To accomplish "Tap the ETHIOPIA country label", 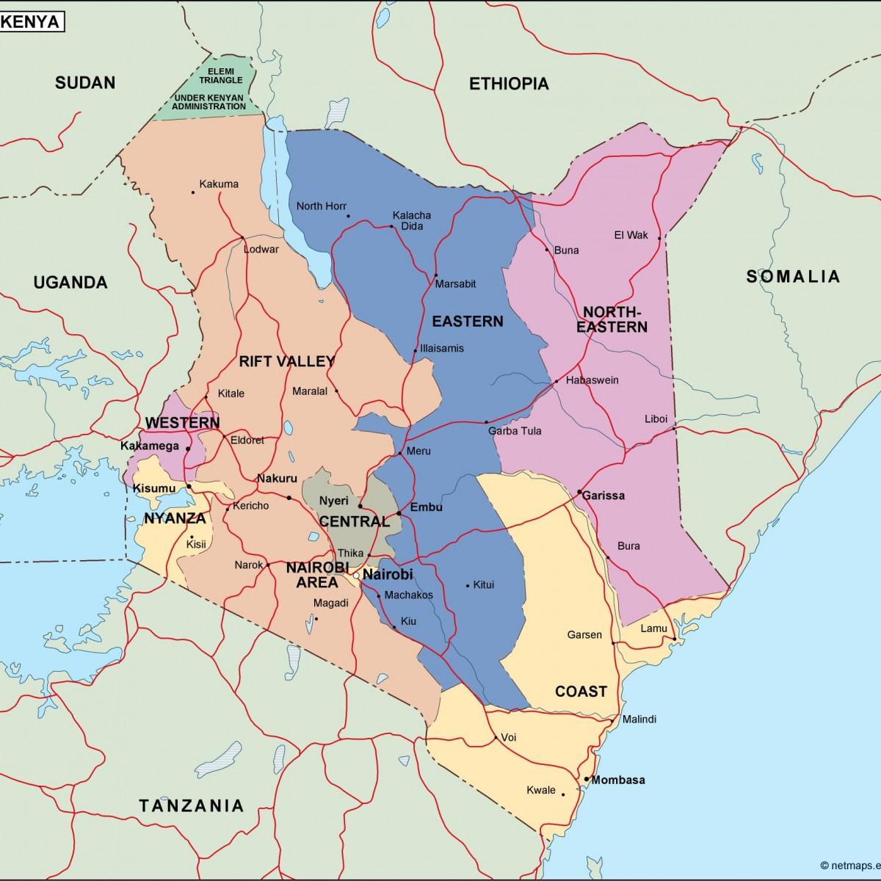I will click(x=509, y=84).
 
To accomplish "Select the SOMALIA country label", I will click(x=793, y=277).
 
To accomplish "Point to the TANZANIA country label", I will click(x=191, y=805).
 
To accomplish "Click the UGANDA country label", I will click(x=70, y=283).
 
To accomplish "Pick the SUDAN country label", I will click(x=85, y=82).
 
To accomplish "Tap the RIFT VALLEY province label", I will click(x=286, y=361).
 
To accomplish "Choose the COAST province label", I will click(x=581, y=692).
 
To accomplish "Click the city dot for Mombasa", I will click(x=587, y=779).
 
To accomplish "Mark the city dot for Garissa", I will click(x=579, y=491).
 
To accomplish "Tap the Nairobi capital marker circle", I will click(x=356, y=576).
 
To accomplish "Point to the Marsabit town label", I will click(x=455, y=284).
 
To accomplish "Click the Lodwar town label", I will click(x=261, y=250).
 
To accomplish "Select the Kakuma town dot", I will click(x=193, y=192).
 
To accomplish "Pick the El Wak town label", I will click(x=631, y=236).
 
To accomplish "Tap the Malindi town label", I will click(x=639, y=719).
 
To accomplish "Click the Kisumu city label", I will click(x=154, y=488).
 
